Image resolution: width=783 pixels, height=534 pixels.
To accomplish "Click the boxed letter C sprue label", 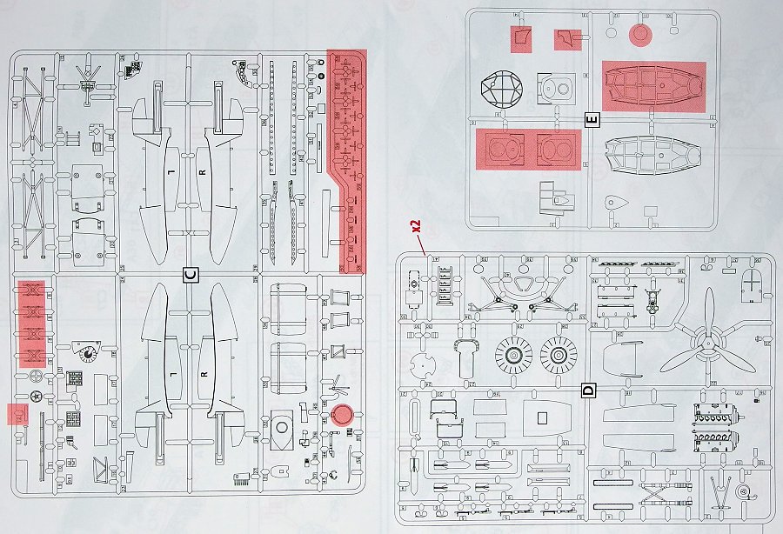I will point(191,276).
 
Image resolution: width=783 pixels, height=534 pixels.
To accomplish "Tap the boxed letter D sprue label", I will point(588,390).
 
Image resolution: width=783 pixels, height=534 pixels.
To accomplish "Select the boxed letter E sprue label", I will point(592,119).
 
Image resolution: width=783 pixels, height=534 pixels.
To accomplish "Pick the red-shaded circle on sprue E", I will point(640,34).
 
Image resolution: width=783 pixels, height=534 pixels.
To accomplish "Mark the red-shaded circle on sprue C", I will point(341,413).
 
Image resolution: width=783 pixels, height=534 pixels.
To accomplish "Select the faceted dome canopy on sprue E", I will point(501,89).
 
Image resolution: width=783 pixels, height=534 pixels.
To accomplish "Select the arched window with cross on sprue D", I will point(751,281).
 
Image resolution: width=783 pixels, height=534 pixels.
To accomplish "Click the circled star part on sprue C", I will point(36,397).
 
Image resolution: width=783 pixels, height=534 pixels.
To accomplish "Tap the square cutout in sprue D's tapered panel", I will point(540,418).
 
